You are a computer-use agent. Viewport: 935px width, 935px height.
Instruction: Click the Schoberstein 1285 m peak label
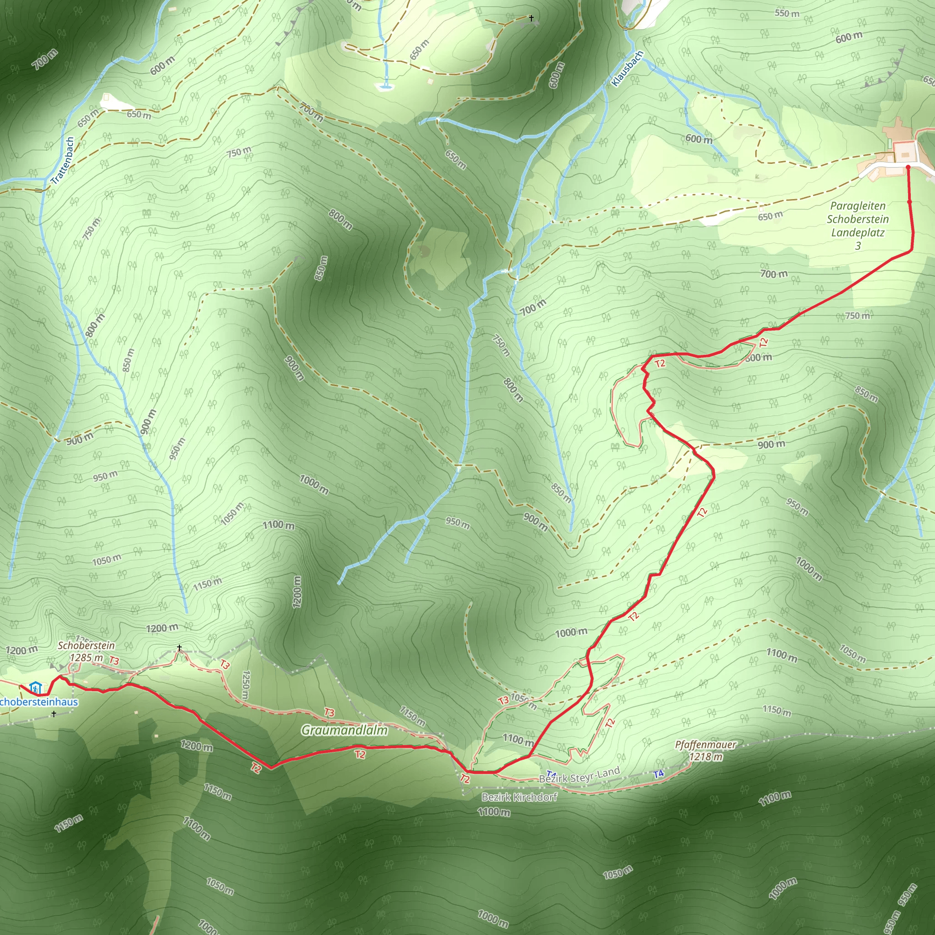pyautogui.click(x=86, y=651)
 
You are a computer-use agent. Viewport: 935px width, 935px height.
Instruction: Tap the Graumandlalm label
pyautogui.click(x=344, y=730)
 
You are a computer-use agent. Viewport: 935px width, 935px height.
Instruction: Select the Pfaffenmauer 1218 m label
pyautogui.click(x=706, y=751)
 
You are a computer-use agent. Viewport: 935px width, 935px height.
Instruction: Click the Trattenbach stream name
pyautogui.click(x=63, y=160)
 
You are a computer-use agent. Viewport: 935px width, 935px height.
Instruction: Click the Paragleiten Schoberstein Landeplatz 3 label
pyautogui.click(x=857, y=226)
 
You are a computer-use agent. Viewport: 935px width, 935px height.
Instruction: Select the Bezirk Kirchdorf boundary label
pyautogui.click(x=519, y=797)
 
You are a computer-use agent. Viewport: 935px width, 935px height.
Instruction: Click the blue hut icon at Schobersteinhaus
pyautogui.click(x=35, y=687)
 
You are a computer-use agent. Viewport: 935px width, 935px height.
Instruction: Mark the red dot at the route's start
pyautogui.click(x=908, y=168)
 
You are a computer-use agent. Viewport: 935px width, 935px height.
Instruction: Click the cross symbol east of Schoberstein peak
pyautogui.click(x=179, y=647)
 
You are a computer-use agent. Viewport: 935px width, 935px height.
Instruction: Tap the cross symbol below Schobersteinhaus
pyautogui.click(x=54, y=714)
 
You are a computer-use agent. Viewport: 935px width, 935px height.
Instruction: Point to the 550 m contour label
pyautogui.click(x=787, y=13)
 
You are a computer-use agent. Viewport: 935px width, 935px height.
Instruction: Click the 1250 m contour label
pyautogui.click(x=245, y=684)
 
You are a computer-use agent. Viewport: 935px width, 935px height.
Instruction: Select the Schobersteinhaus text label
pyautogui.click(x=39, y=702)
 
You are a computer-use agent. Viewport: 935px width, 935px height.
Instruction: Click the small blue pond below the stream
pyautogui.click(x=385, y=87)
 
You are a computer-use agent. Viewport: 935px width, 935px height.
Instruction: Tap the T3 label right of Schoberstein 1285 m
pyautogui.click(x=114, y=661)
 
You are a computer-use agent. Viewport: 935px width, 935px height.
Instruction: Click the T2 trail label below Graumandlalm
pyautogui.click(x=360, y=755)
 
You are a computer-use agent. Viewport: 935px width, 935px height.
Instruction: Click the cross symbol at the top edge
pyautogui.click(x=531, y=18)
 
